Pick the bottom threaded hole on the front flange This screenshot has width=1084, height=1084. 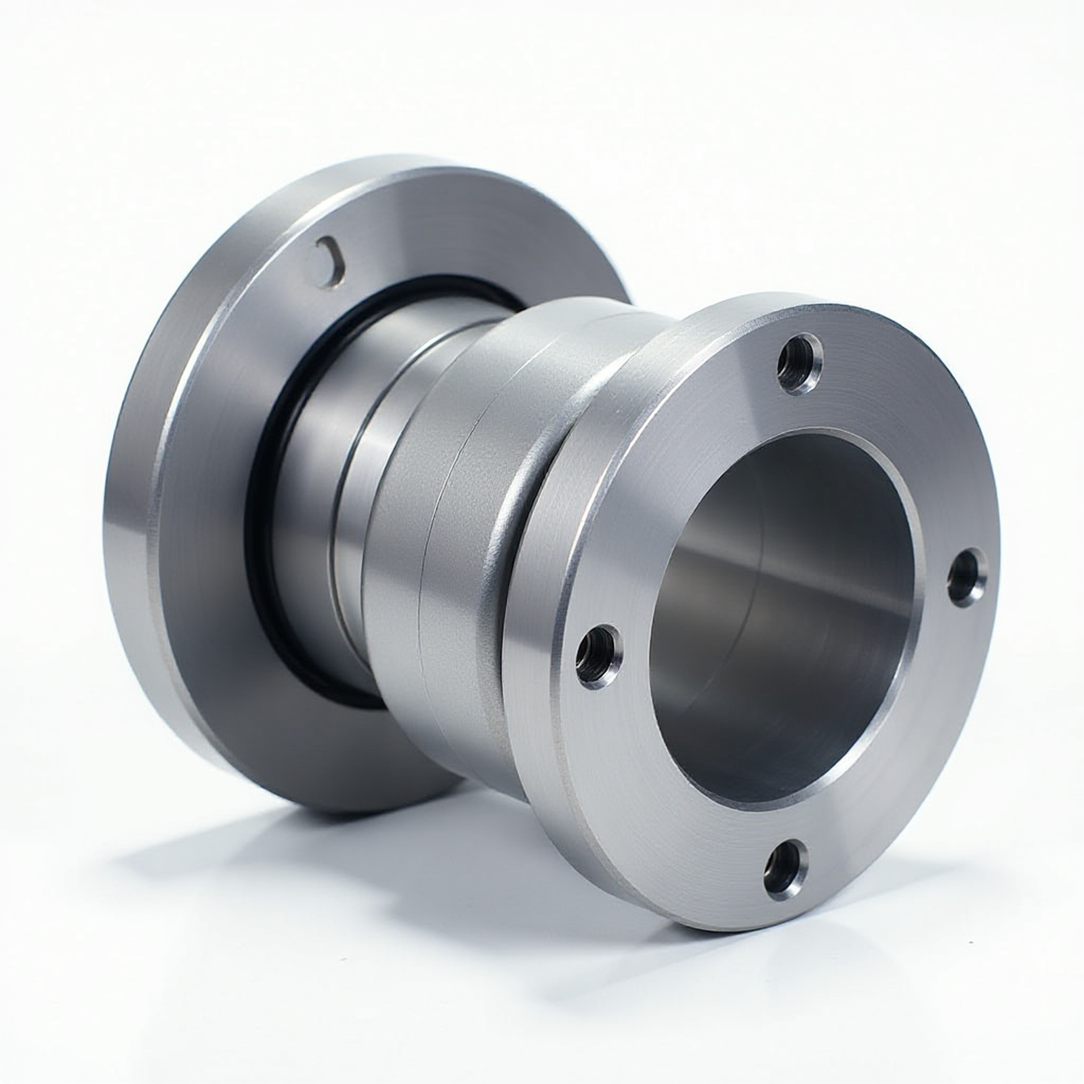click(x=784, y=866)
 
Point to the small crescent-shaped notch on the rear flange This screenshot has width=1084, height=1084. click(x=331, y=258)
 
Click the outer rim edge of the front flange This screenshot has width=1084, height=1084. click(x=535, y=677)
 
